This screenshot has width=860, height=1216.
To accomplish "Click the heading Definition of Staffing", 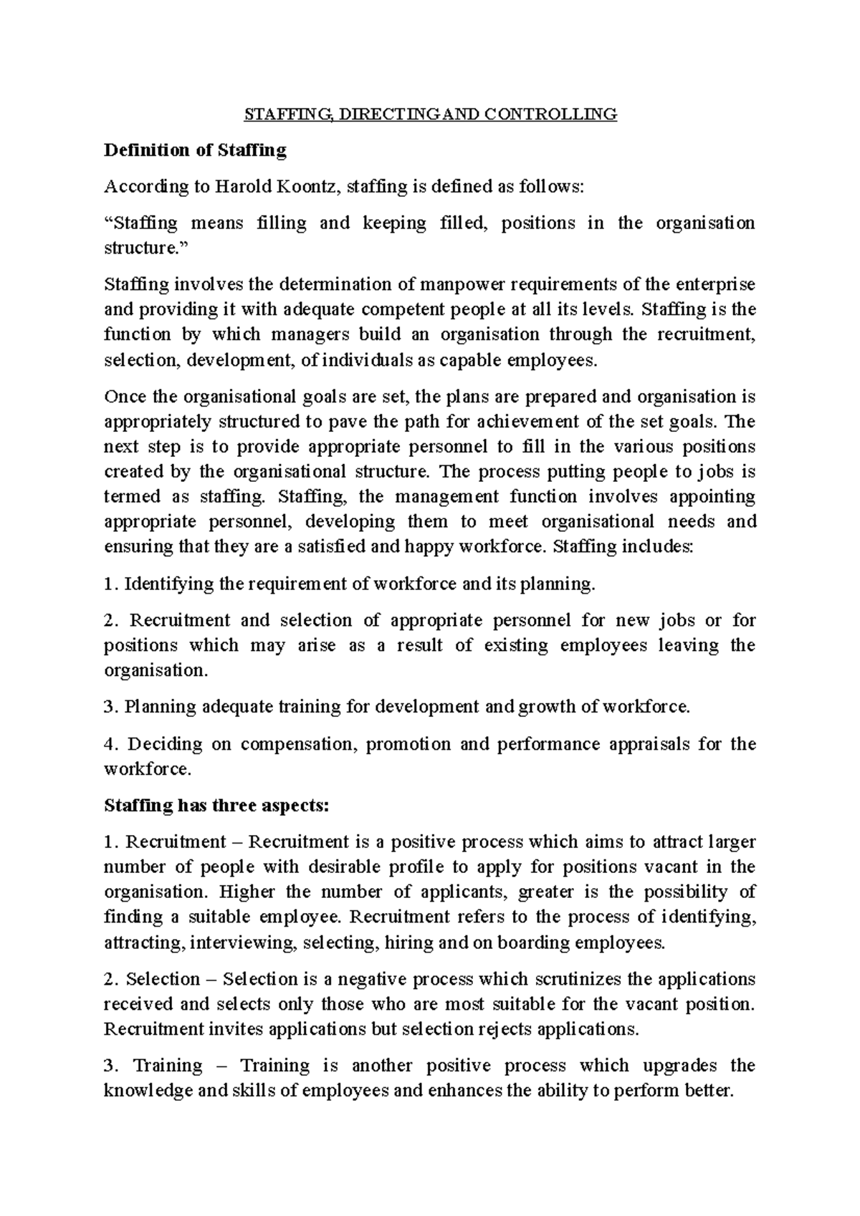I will click(x=195, y=150).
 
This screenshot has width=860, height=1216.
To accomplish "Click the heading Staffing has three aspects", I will click(x=216, y=806).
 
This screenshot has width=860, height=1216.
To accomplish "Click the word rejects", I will click(x=503, y=1029).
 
